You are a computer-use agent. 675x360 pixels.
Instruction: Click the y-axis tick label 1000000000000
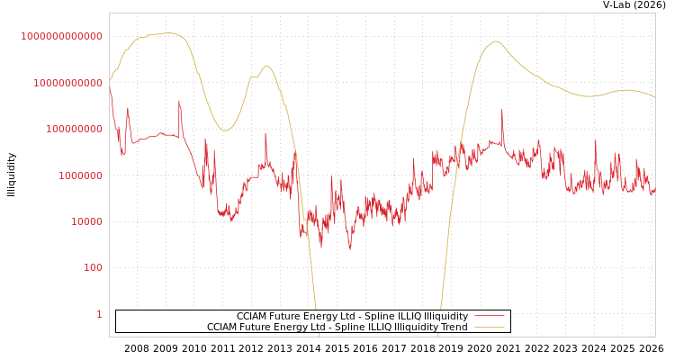click(61, 36)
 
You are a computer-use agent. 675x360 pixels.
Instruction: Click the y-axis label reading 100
click(92, 268)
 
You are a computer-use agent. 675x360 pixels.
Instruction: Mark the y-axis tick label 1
click(99, 314)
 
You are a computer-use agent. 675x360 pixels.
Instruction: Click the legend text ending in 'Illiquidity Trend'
click(337, 328)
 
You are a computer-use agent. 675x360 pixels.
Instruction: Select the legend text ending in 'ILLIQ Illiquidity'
click(352, 317)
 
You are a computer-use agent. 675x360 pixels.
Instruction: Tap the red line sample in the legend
click(489, 317)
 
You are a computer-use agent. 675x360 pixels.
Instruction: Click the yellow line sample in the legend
click(489, 328)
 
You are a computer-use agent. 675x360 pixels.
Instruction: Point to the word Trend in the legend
click(453, 328)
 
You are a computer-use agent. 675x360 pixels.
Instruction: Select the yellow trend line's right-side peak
click(496, 41)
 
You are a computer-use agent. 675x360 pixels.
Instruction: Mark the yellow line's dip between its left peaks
click(225, 130)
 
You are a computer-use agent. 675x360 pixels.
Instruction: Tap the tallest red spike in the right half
click(502, 111)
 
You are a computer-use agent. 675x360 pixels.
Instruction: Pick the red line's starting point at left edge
click(110, 84)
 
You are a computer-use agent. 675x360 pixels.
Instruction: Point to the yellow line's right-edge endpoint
click(654, 97)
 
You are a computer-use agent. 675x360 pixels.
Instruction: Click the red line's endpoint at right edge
click(654, 192)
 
